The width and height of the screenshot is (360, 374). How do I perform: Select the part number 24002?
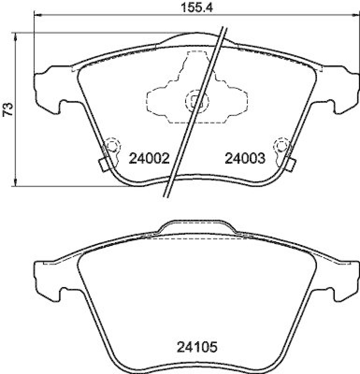click(148, 159)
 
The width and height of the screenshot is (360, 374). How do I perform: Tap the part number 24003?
click(245, 159)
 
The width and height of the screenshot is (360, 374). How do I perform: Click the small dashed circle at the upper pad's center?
click(195, 100)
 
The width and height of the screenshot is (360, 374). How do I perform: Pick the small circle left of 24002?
click(112, 146)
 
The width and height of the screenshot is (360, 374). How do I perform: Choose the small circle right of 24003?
click(281, 146)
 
